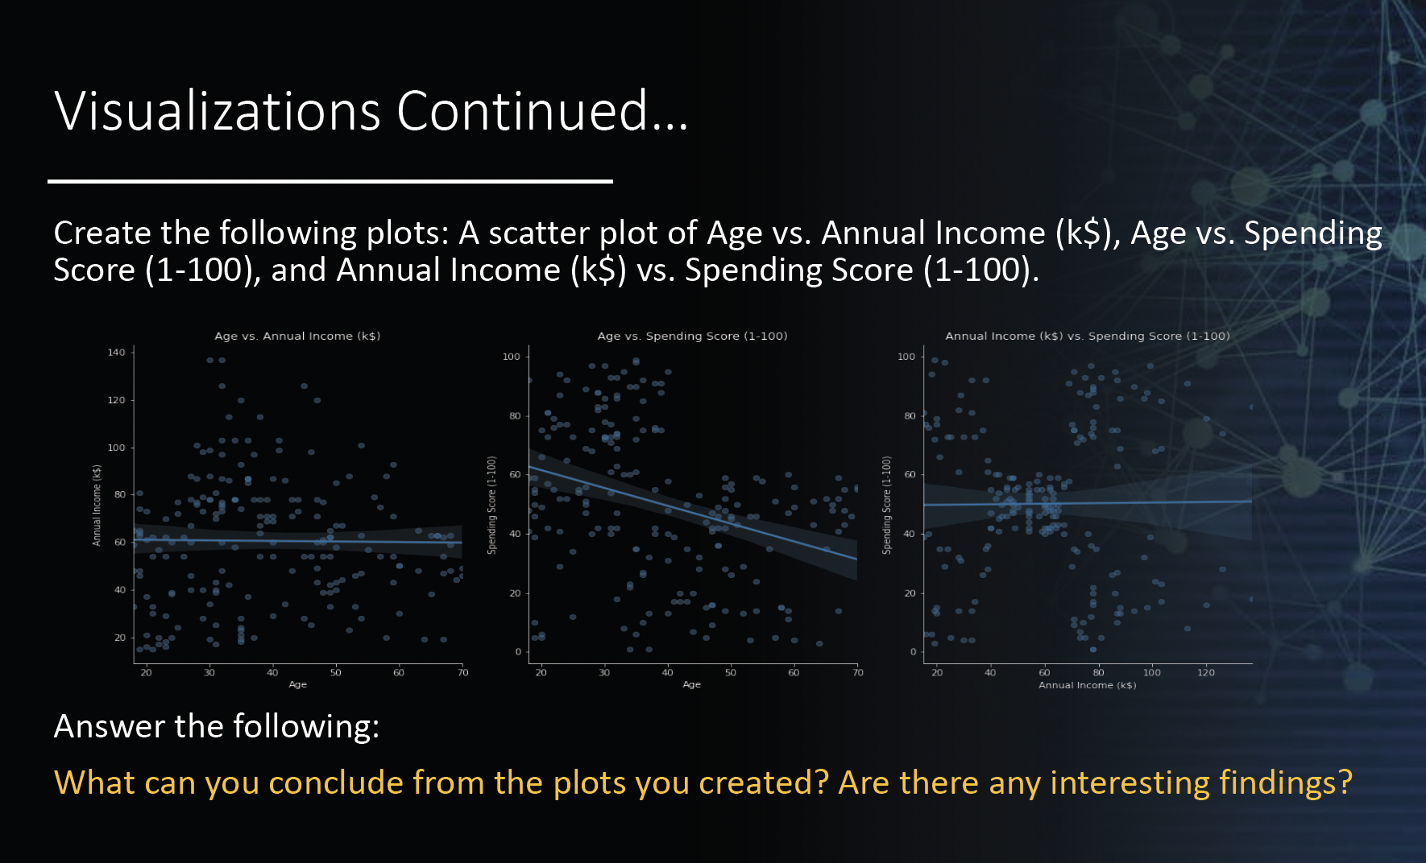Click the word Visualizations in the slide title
[x=217, y=111]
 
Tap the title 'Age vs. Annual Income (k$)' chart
[x=297, y=336]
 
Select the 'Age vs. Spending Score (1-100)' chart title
[x=692, y=336]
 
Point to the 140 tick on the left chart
[x=116, y=353]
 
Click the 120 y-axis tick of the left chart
[x=116, y=400]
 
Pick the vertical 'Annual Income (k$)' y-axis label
[x=97, y=506]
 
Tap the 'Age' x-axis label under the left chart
[x=297, y=684]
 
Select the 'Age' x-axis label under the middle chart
[x=691, y=684]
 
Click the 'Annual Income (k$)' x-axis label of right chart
[x=1087, y=685]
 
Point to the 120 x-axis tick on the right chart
[x=1205, y=672]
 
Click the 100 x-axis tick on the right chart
[x=1151, y=672]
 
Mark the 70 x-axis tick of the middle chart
[x=857, y=672]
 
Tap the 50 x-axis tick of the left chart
[x=335, y=672]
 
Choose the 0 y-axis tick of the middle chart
[x=518, y=652]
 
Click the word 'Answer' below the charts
[x=109, y=727]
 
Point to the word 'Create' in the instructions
[x=102, y=233]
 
